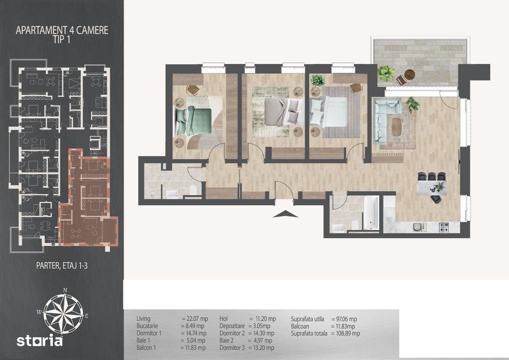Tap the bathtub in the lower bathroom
(x=371, y=212)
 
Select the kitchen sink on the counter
(x=420, y=227)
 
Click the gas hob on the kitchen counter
(x=444, y=227)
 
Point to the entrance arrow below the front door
(x=286, y=214)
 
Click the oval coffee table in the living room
(x=396, y=126)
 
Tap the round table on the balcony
(x=410, y=74)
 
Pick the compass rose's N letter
(x=65, y=290)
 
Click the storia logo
(x=39, y=340)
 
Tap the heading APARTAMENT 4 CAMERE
(x=62, y=30)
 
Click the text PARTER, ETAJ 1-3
(x=62, y=265)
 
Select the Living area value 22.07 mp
(x=197, y=319)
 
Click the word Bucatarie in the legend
(x=147, y=326)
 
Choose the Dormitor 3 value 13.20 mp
(x=264, y=348)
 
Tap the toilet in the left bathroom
(x=193, y=190)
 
